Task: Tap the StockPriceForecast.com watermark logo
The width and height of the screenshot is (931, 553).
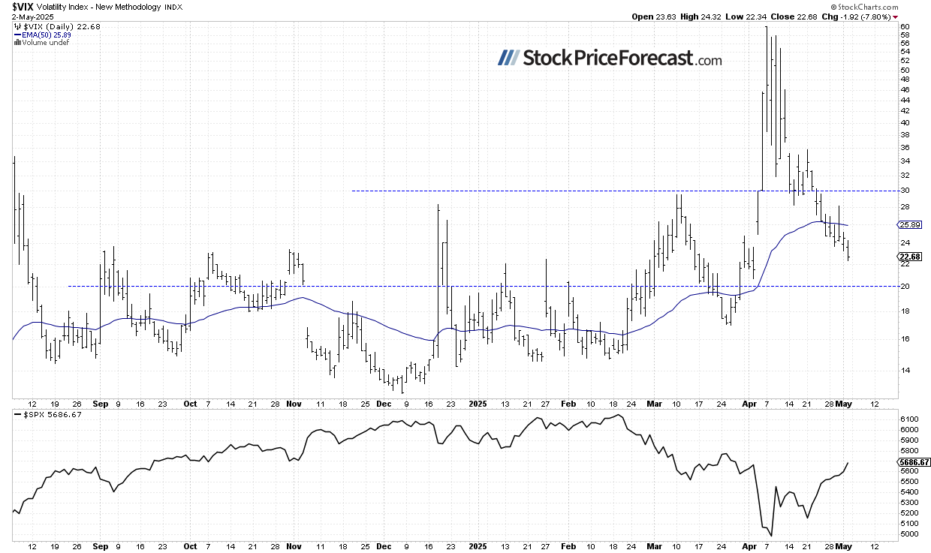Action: pos(609,59)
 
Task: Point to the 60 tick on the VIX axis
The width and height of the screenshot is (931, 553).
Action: pos(905,26)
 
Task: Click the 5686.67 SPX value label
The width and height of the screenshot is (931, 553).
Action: pos(914,462)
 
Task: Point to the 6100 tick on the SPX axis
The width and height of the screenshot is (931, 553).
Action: pos(908,418)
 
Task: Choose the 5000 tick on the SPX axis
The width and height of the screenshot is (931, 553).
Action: pos(908,534)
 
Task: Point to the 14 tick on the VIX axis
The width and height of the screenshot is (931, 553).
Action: pos(905,370)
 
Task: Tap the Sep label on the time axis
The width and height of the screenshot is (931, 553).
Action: pos(101,403)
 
